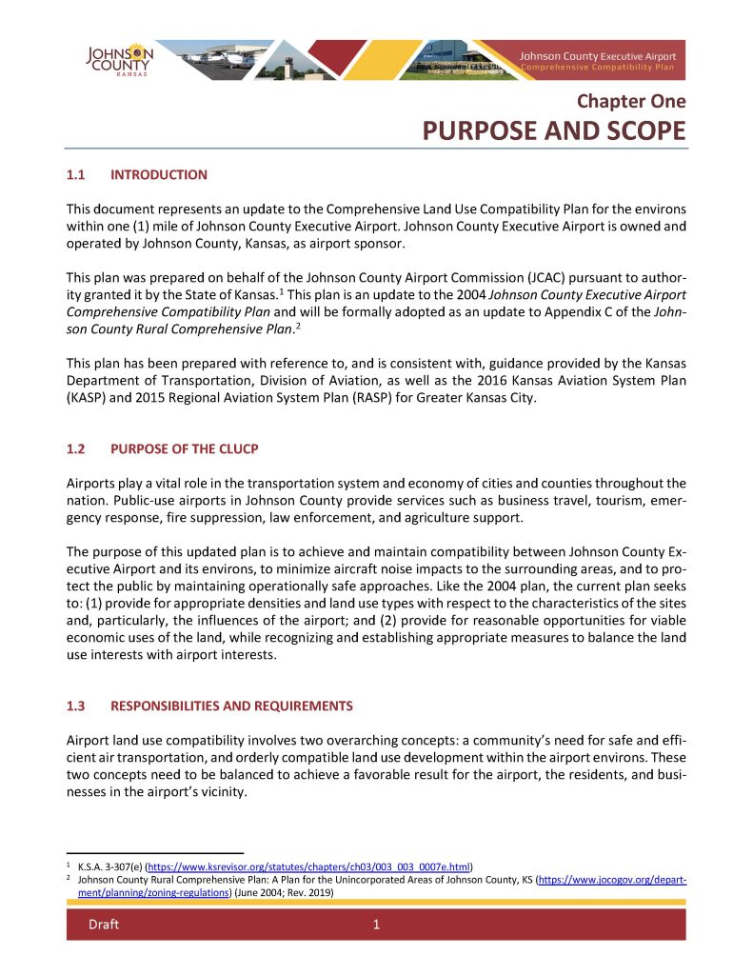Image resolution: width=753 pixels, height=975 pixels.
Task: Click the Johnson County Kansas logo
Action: point(118,60)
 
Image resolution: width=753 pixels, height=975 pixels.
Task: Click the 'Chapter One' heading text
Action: point(630,101)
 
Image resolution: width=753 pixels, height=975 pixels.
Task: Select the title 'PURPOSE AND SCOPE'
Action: point(554,130)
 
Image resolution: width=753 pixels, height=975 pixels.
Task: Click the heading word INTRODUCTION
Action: point(159,175)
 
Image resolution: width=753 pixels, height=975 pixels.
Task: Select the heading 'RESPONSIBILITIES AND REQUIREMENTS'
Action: point(231,706)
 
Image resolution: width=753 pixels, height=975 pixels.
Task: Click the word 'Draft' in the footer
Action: point(104,925)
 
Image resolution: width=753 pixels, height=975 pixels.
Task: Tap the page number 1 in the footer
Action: point(376,925)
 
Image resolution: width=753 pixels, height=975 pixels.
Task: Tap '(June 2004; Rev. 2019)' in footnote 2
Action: point(283,893)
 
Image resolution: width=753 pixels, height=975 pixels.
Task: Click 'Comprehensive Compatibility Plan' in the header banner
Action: point(597,69)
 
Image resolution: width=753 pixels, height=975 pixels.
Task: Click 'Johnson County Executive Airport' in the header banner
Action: point(597,56)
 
